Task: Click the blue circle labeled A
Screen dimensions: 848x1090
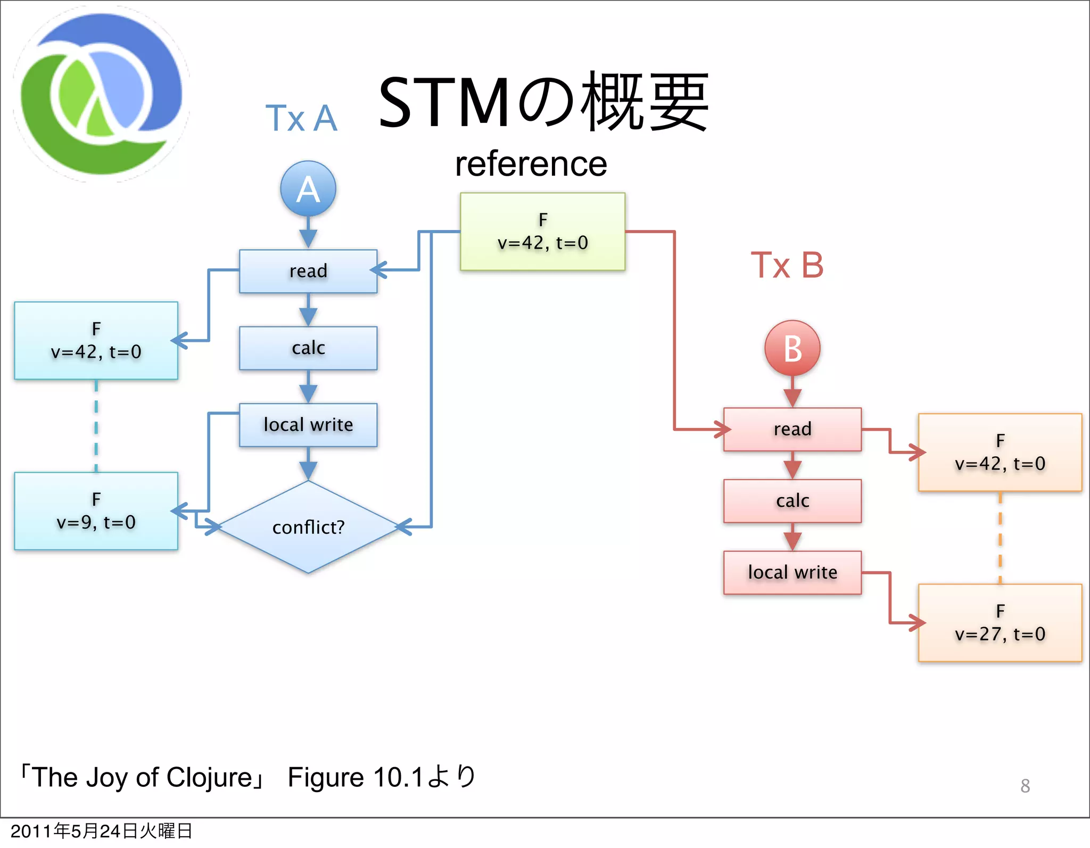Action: pyautogui.click(x=308, y=188)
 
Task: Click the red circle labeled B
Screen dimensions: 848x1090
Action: pyautogui.click(x=792, y=348)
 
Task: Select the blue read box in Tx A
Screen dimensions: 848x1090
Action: pyautogui.click(x=308, y=271)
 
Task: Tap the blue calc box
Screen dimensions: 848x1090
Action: pyautogui.click(x=308, y=348)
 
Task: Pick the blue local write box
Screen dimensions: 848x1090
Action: pyautogui.click(x=308, y=425)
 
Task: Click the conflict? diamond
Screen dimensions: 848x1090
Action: pyautogui.click(x=308, y=527)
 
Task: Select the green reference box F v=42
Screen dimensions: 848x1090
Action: pyautogui.click(x=542, y=232)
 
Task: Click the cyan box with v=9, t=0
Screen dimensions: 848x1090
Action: pyautogui.click(x=96, y=511)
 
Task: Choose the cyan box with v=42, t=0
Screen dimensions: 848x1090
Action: pyautogui.click(x=96, y=341)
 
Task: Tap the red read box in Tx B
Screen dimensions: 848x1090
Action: pyautogui.click(x=792, y=429)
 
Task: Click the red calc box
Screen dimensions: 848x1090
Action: pyautogui.click(x=792, y=501)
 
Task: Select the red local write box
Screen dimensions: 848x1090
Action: pyautogui.click(x=792, y=572)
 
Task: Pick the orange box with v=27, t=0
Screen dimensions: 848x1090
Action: pyautogui.click(x=1000, y=623)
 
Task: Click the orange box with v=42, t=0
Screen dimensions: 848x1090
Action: pyautogui.click(x=1000, y=452)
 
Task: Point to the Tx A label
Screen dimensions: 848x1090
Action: pyautogui.click(x=301, y=118)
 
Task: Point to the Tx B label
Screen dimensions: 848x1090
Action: pyautogui.click(x=787, y=265)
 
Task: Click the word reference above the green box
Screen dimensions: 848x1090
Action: pyautogui.click(x=531, y=164)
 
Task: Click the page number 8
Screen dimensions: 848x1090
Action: pyautogui.click(x=1025, y=786)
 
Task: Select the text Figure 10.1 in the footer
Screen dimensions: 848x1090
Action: pyautogui.click(x=355, y=777)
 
